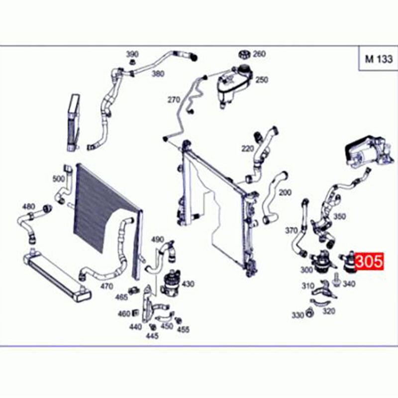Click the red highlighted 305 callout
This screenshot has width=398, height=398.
(x=369, y=261)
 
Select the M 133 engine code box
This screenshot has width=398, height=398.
(x=378, y=59)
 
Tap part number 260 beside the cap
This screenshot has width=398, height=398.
(x=259, y=54)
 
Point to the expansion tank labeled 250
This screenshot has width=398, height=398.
(x=234, y=86)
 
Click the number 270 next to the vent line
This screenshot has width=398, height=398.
(x=174, y=100)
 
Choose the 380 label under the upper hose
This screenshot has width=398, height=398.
(x=158, y=74)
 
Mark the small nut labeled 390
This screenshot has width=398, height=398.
(x=132, y=62)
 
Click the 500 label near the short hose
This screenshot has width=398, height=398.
(x=59, y=179)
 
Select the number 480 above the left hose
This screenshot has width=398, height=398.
(x=28, y=206)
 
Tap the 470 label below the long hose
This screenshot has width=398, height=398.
(x=107, y=286)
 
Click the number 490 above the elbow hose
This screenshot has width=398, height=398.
(x=157, y=239)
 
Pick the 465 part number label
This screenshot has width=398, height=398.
(x=121, y=297)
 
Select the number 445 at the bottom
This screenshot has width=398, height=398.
(x=152, y=335)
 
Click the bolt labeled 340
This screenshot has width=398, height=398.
(x=337, y=280)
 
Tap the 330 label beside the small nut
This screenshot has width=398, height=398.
(x=298, y=315)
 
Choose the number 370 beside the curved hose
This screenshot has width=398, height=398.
(x=291, y=230)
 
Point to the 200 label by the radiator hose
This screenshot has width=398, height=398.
(x=285, y=193)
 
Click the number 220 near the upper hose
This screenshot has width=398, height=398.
(x=247, y=148)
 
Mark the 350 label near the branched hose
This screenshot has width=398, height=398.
(x=339, y=216)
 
